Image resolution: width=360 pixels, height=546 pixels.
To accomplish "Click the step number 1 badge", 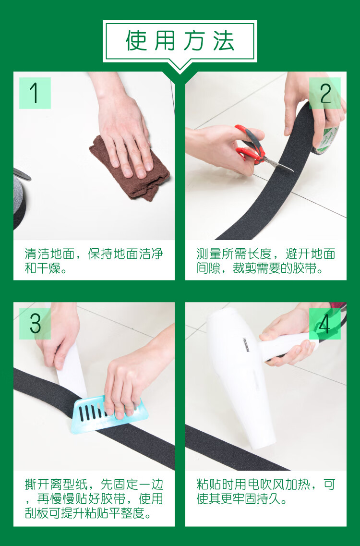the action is click(x=35, y=93).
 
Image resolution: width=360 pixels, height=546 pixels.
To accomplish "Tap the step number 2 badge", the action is click(x=325, y=93).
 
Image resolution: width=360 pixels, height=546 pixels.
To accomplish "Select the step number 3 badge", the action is click(x=35, y=324).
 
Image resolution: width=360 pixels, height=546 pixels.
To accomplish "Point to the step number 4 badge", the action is click(x=325, y=324).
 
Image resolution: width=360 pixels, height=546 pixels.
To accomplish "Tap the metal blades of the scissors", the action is click(x=278, y=164).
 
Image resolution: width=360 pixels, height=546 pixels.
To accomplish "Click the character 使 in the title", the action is click(x=136, y=41).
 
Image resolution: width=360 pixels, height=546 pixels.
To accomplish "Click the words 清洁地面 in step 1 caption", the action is click(x=50, y=254).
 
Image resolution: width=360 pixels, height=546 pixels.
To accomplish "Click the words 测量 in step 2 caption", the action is click(x=208, y=254).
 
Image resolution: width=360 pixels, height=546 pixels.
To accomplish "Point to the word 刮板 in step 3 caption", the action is click(x=36, y=513).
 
